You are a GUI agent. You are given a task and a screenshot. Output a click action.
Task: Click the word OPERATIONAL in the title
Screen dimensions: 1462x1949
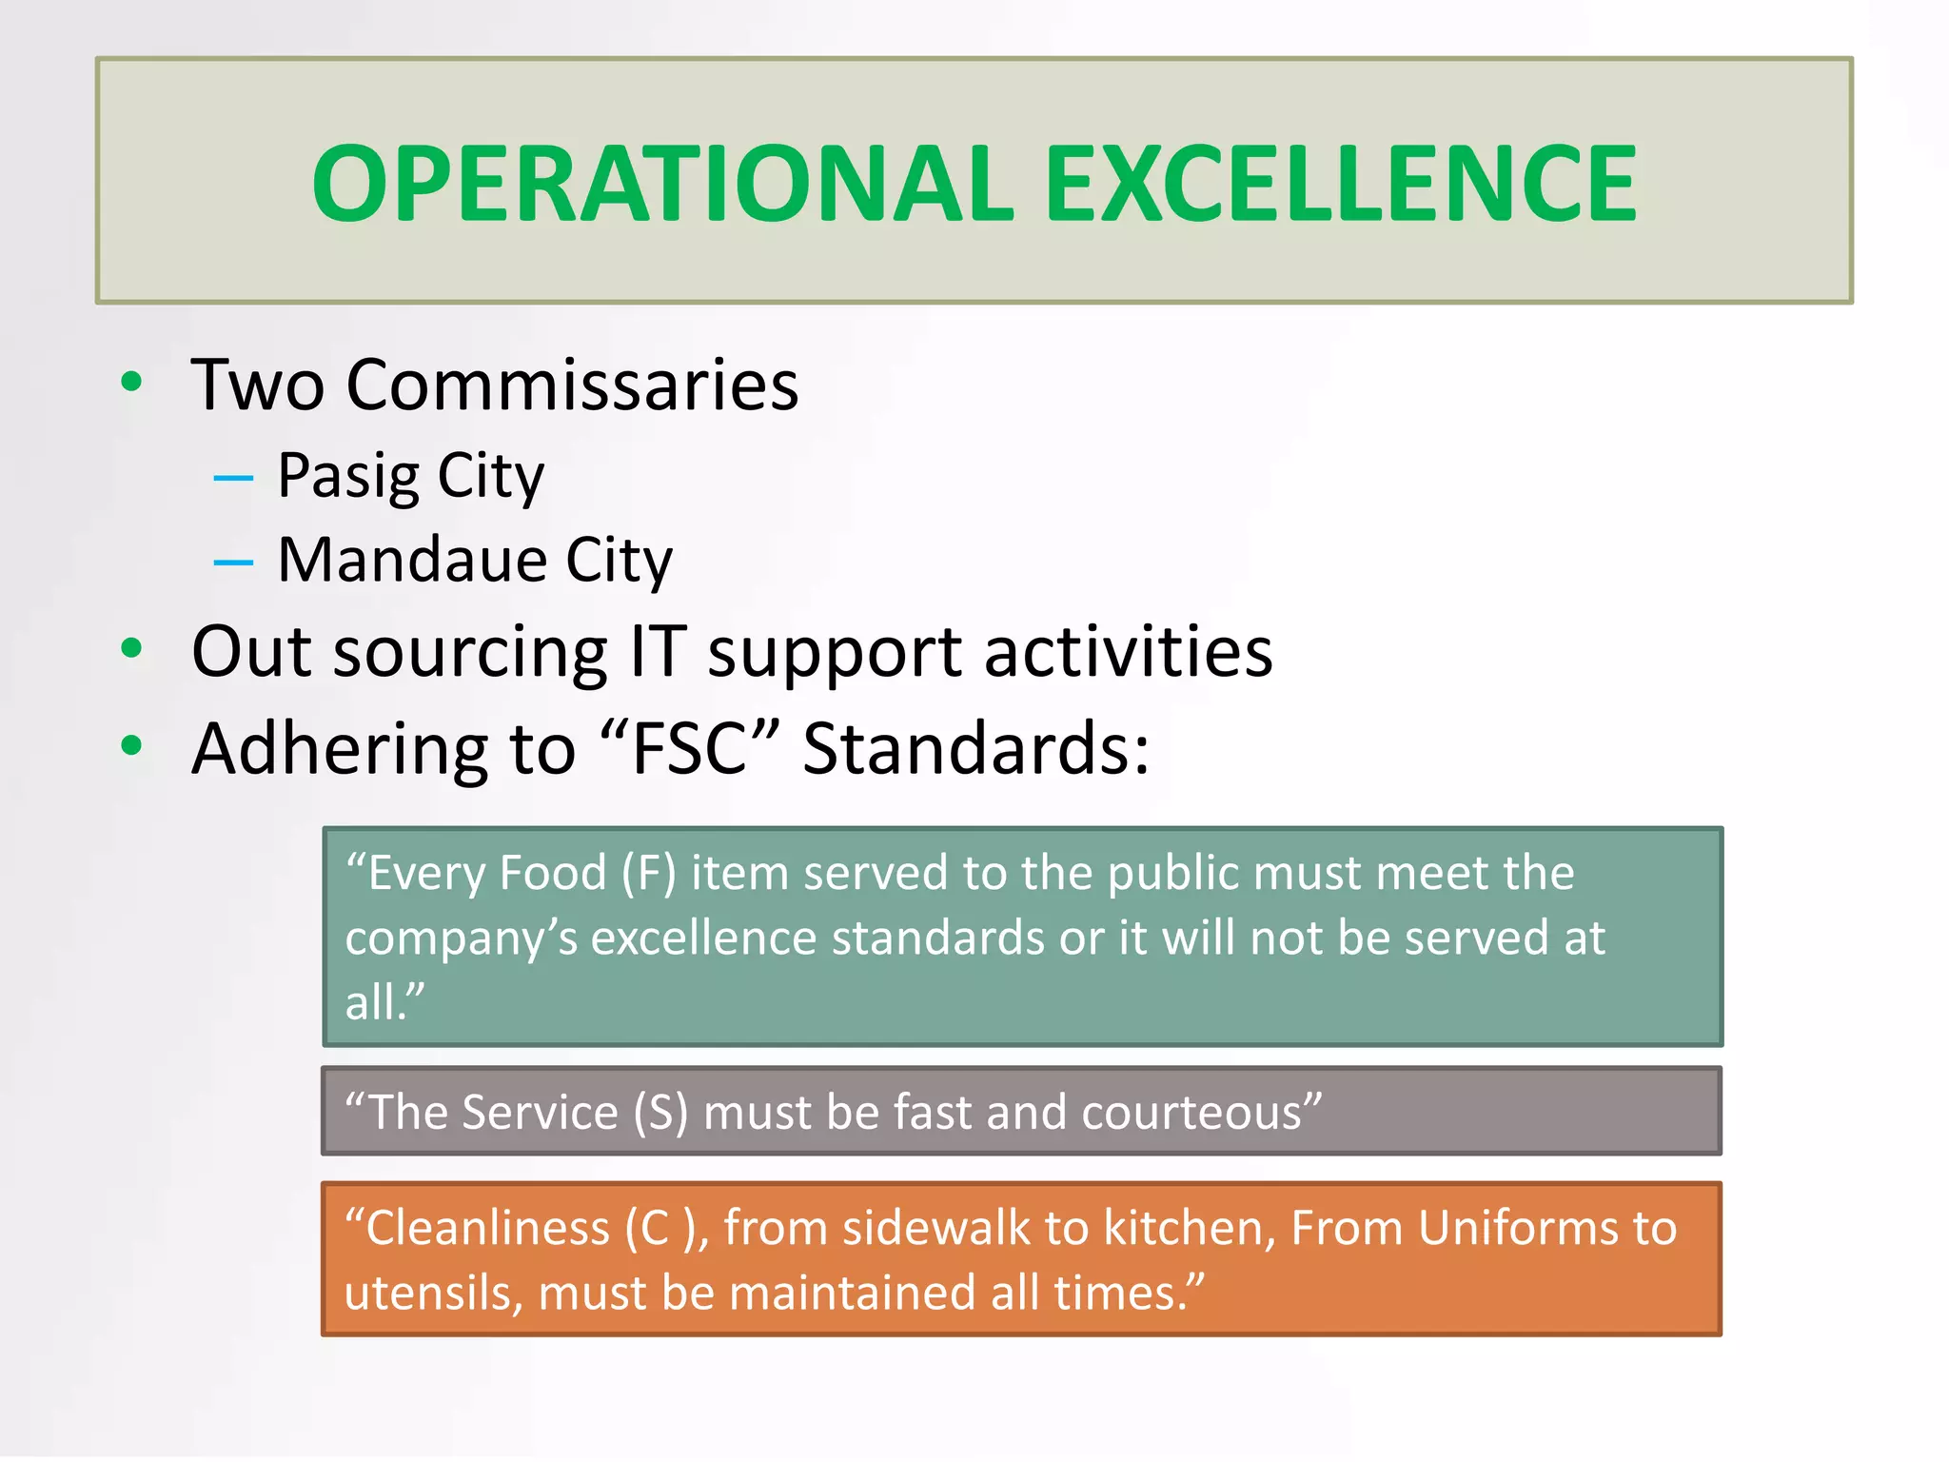click(662, 183)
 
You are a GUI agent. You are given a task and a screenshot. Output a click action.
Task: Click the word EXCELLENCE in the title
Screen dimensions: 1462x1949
click(1341, 183)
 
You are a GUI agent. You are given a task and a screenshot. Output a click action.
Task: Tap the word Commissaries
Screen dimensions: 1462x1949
click(572, 385)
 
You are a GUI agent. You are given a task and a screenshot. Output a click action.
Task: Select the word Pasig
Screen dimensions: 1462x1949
click(347, 476)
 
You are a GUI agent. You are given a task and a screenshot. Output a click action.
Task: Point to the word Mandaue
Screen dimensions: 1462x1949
click(412, 560)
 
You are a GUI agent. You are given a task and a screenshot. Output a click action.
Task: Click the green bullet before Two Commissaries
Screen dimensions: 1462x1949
click(131, 383)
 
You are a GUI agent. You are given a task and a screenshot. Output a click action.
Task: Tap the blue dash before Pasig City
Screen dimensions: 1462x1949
click(233, 478)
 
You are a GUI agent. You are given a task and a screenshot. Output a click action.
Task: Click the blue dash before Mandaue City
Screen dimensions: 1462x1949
click(233, 563)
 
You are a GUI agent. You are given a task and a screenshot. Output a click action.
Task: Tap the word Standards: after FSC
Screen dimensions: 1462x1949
click(975, 748)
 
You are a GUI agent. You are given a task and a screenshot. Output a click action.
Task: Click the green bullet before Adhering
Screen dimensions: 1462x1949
click(131, 746)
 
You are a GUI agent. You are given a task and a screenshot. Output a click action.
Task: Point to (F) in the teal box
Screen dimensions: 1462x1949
click(648, 874)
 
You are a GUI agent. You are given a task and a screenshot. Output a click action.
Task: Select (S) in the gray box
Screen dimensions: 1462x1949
click(660, 1112)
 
